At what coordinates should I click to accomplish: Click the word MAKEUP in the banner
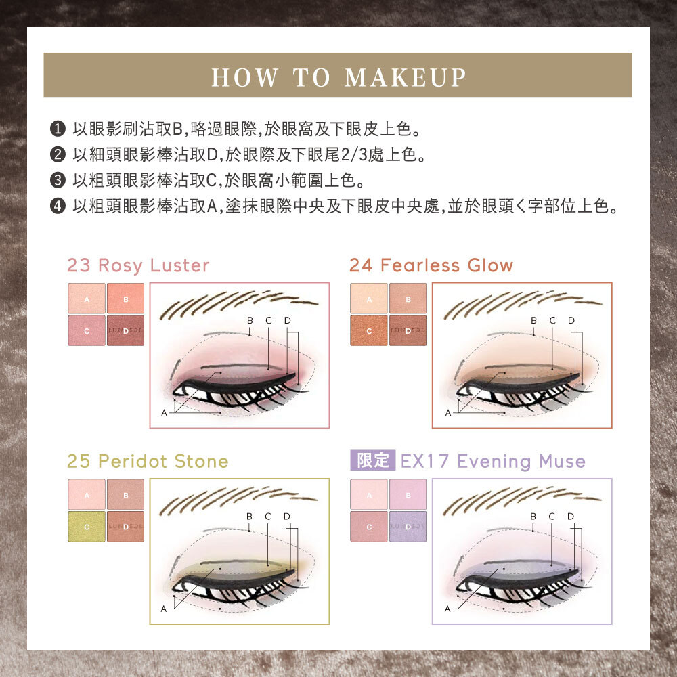point(406,78)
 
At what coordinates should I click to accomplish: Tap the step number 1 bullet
point(58,129)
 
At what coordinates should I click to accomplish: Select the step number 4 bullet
point(58,206)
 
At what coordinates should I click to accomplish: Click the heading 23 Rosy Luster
point(138,265)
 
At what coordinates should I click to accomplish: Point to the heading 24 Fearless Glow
point(431,265)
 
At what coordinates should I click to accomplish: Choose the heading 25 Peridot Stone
point(148,461)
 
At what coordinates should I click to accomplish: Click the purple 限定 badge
point(373,460)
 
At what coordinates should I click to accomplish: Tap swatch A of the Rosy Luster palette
point(87,299)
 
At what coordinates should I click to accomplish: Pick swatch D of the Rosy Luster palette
point(126,330)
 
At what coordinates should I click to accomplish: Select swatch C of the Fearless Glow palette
point(369,330)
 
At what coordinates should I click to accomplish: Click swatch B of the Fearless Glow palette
point(408,299)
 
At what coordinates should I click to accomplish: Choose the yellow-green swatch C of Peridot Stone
point(87,526)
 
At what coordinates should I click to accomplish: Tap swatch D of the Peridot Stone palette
point(126,526)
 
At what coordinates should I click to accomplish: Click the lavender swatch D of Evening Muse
point(408,526)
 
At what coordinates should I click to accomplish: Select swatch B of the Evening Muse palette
point(408,494)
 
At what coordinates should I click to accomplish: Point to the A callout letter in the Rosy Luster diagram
point(164,413)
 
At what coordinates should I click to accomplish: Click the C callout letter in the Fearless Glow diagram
point(552,320)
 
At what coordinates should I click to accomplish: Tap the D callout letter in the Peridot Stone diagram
point(286,517)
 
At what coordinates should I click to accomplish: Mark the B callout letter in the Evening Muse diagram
point(533,517)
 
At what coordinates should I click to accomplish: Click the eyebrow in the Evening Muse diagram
point(522,500)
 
